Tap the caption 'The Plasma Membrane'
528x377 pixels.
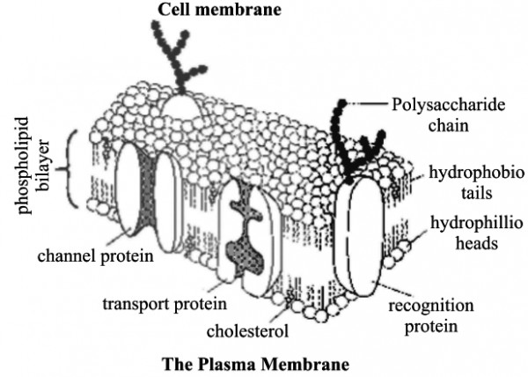262,362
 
